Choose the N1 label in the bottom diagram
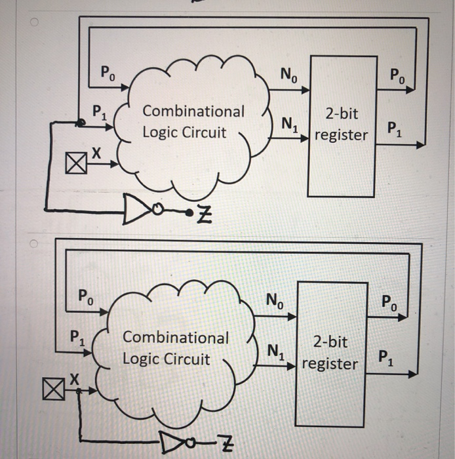click(275, 353)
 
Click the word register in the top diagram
click(341, 136)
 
